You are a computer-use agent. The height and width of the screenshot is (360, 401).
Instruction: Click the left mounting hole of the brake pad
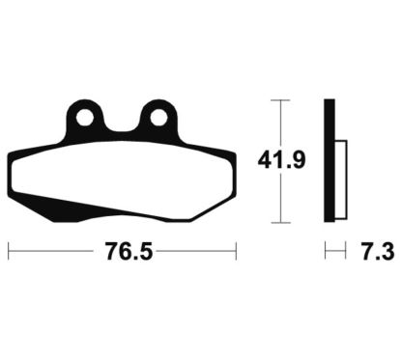(85, 117)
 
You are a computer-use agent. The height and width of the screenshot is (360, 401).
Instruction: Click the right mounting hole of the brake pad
(158, 117)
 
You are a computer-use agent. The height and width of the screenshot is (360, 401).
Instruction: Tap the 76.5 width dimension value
(129, 251)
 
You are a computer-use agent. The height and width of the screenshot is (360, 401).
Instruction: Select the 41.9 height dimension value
(281, 160)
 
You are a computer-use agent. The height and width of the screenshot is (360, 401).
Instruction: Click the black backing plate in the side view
(329, 160)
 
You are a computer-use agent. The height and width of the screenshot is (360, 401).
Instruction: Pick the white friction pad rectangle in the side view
(341, 180)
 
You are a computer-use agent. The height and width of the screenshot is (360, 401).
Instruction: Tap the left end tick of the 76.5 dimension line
(9, 251)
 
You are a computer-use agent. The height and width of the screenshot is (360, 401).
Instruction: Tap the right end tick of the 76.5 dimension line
(236, 251)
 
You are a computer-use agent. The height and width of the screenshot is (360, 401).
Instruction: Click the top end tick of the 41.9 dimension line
(280, 100)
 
